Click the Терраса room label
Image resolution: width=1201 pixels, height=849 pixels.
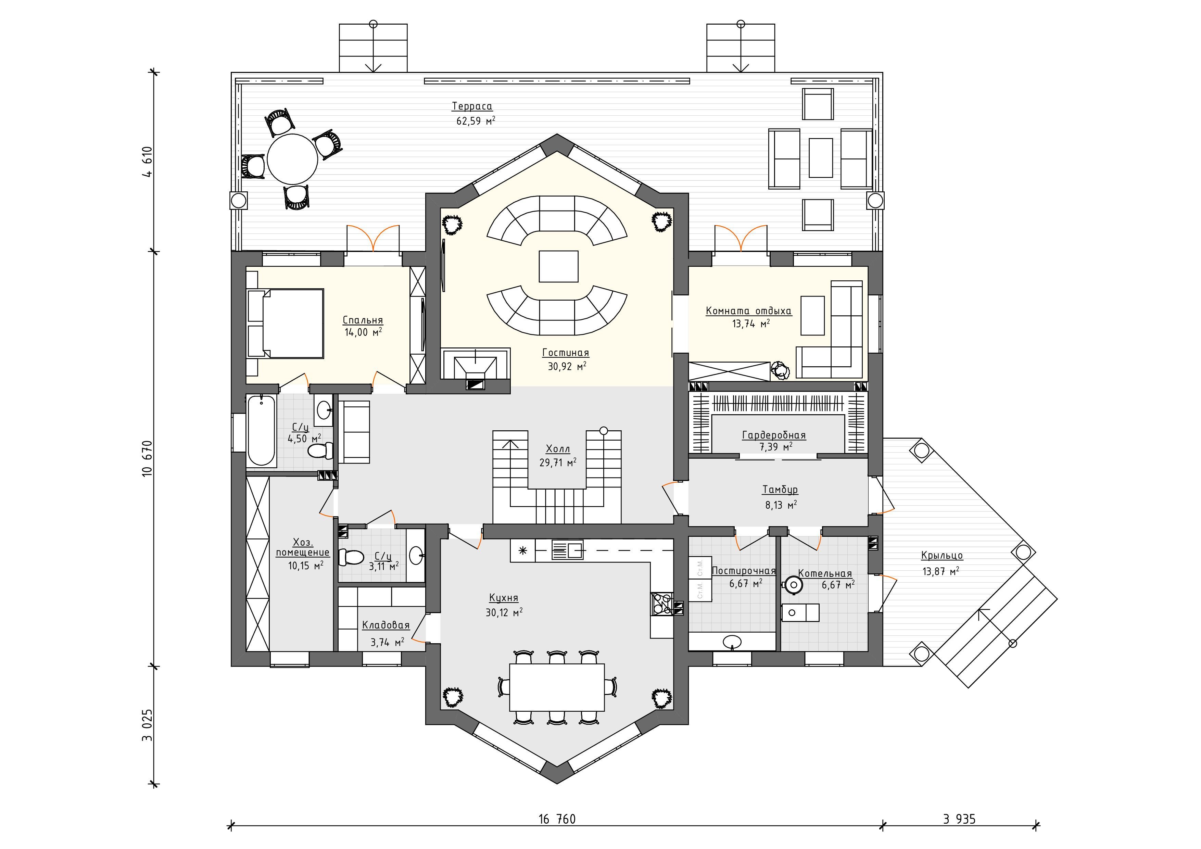point(472,106)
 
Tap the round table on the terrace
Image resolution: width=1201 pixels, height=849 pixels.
point(292,160)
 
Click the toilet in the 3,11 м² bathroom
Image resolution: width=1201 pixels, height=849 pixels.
point(351,557)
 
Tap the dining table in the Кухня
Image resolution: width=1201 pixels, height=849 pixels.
point(557,687)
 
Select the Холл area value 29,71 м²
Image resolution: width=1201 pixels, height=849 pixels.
point(558,462)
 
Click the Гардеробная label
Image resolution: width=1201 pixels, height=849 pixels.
point(774,435)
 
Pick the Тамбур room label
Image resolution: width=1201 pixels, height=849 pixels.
point(780,490)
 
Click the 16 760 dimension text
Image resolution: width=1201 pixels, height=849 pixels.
point(557,819)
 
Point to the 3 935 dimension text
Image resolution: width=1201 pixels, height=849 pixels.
point(959,819)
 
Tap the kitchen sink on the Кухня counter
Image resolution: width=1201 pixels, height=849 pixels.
point(568,550)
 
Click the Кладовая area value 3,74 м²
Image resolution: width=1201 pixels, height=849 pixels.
point(387,642)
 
